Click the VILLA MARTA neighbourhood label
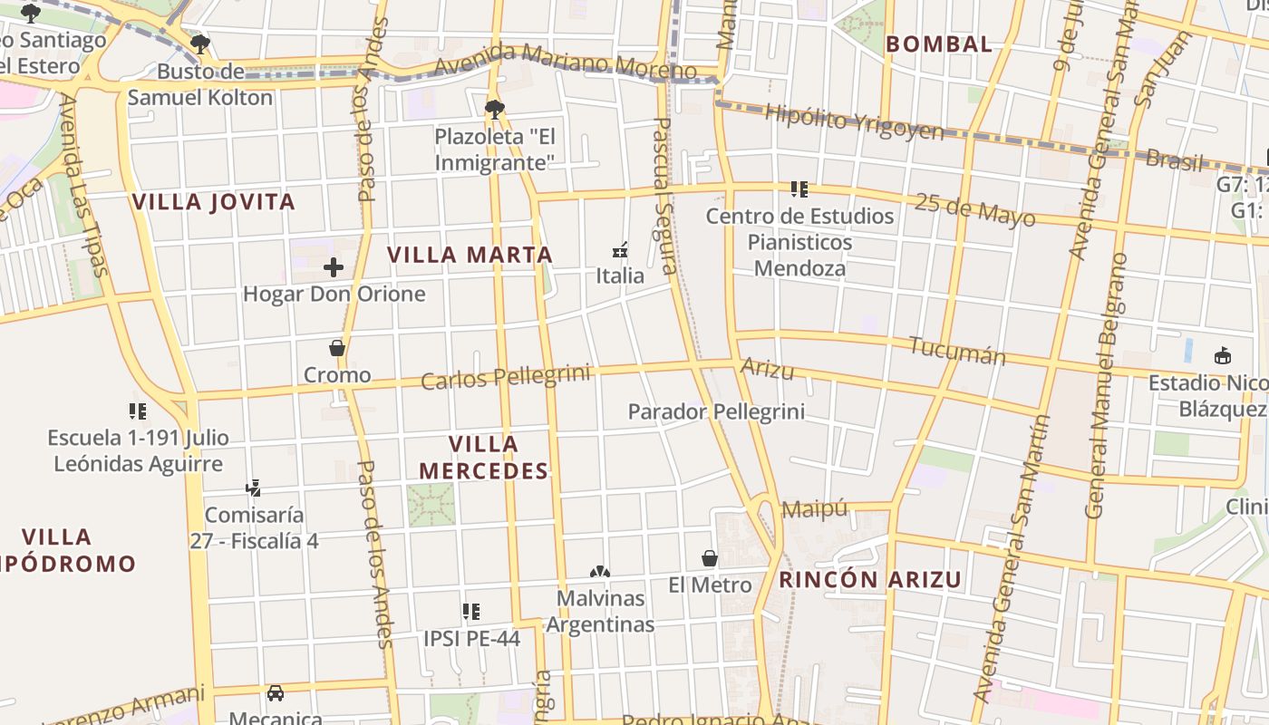tap(470, 256)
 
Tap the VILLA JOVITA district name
tap(214, 202)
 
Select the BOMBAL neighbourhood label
tap(939, 43)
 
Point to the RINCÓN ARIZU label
tap(870, 580)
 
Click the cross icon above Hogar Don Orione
tap(334, 267)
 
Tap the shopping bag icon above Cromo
tap(337, 348)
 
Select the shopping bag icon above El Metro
tap(710, 558)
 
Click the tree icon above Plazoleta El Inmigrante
tap(494, 111)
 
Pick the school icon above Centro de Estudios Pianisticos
tap(799, 189)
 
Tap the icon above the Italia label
tap(620, 249)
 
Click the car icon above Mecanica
tap(276, 693)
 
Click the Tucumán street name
tap(957, 350)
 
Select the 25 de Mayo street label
tap(974, 209)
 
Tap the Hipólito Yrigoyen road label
tap(854, 121)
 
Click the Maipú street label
tap(814, 508)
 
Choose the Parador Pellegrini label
tap(716, 412)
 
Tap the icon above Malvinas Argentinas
tap(599, 572)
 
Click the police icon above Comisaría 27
tap(253, 488)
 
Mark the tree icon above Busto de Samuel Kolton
tap(200, 43)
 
